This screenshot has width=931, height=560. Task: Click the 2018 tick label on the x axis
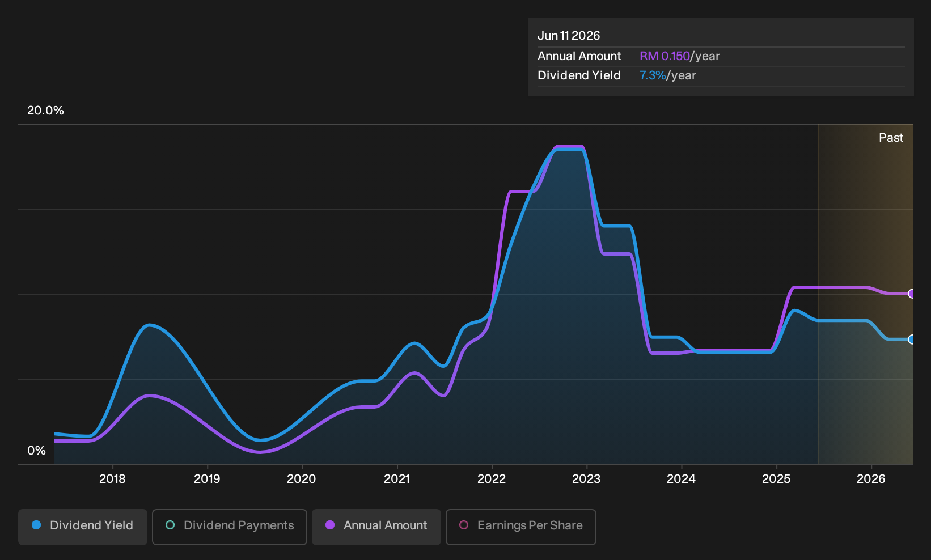tap(112, 479)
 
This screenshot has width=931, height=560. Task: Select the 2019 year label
tap(207, 479)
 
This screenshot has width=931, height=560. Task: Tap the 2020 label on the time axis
tap(302, 479)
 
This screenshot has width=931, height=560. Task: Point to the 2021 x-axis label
tap(397, 479)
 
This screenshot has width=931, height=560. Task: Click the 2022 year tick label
tap(492, 479)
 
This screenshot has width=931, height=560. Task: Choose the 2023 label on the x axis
tap(586, 479)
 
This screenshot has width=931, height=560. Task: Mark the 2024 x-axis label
tap(681, 479)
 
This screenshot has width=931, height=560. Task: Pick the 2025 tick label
tap(776, 479)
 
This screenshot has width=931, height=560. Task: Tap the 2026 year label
tap(871, 479)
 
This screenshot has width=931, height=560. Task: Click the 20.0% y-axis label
tap(45, 111)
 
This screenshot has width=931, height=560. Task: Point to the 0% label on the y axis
tap(37, 451)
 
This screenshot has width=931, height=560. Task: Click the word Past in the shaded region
tap(891, 138)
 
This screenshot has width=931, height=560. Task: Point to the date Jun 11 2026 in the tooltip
tap(569, 36)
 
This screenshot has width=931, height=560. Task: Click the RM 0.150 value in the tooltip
tap(665, 56)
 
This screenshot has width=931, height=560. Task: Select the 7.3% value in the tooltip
tap(653, 75)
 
